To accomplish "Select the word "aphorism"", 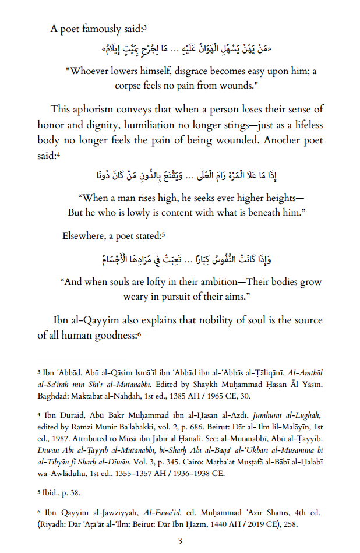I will (x=100, y=109).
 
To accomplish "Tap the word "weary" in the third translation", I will (x=138, y=297).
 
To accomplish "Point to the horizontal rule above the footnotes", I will (x=81, y=361).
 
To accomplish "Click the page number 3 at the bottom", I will (x=180, y=541).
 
